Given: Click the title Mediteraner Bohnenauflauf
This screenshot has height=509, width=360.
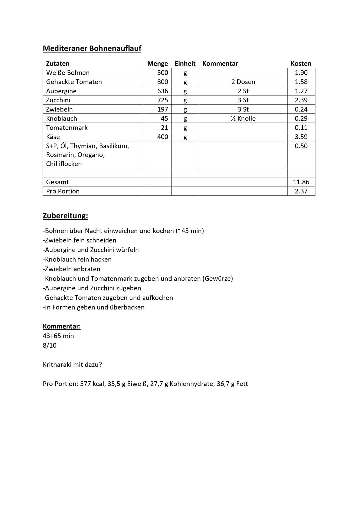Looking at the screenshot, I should click(x=92, y=48).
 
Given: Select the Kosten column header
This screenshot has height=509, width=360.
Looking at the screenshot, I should click(x=301, y=63).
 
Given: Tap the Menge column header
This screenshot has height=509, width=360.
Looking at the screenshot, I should click(x=157, y=63).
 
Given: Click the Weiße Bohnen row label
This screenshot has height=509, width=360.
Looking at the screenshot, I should click(x=68, y=73).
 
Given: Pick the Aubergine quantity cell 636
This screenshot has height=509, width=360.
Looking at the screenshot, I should click(x=163, y=91).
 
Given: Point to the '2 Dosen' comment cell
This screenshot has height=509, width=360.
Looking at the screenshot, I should click(x=243, y=82).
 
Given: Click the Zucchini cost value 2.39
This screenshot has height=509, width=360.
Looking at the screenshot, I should click(x=301, y=100).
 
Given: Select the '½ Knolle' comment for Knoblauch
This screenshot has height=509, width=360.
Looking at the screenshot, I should click(x=243, y=118).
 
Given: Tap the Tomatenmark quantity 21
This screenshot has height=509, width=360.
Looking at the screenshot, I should click(x=164, y=128).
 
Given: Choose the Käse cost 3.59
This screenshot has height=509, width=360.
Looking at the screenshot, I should click(x=301, y=137).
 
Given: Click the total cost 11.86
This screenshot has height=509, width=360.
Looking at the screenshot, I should click(x=301, y=182).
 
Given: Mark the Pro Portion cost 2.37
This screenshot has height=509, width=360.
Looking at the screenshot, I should click(x=301, y=191).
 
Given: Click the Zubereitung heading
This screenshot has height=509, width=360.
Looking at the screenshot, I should click(x=65, y=216).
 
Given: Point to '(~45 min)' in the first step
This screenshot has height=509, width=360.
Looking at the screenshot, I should click(x=190, y=231).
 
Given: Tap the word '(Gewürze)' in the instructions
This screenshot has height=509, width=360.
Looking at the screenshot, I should click(x=218, y=278).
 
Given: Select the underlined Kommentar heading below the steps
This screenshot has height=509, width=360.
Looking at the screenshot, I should click(x=62, y=326).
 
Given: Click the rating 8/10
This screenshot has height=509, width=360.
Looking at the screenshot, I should click(x=50, y=345).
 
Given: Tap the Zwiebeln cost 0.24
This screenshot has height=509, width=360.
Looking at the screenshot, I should click(x=301, y=109).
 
